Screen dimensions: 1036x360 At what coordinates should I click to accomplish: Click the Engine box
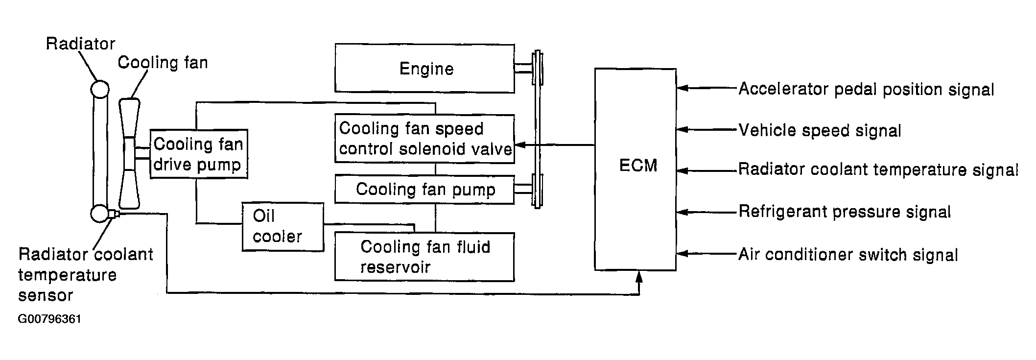coord(424,69)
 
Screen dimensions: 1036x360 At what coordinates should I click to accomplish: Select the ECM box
coord(636,169)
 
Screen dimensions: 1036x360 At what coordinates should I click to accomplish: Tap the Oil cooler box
coord(283,227)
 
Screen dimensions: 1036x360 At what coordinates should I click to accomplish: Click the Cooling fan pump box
coord(424,189)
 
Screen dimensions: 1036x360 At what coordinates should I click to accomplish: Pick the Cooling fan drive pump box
coord(198,154)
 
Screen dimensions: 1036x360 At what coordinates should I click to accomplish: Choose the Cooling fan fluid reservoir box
coord(424,257)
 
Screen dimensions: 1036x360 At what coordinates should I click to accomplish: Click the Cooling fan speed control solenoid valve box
coord(424,139)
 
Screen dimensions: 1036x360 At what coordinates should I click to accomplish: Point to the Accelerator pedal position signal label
coord(866,90)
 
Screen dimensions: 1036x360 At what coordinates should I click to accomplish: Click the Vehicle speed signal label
coord(820,131)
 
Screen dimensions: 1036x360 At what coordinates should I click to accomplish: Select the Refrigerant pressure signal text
coord(845,212)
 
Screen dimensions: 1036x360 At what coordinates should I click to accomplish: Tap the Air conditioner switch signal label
coord(848,255)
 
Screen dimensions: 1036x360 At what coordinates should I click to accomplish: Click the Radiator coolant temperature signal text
coord(878,170)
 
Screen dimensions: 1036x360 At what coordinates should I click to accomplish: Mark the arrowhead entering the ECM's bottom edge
coord(638,277)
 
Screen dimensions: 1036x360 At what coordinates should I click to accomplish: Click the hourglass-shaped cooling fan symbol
coord(129,153)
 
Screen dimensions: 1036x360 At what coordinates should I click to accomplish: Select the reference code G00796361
coord(49,319)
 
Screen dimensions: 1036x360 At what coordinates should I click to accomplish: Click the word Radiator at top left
coord(80,44)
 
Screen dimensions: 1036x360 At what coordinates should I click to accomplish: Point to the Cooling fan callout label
coord(163,63)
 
